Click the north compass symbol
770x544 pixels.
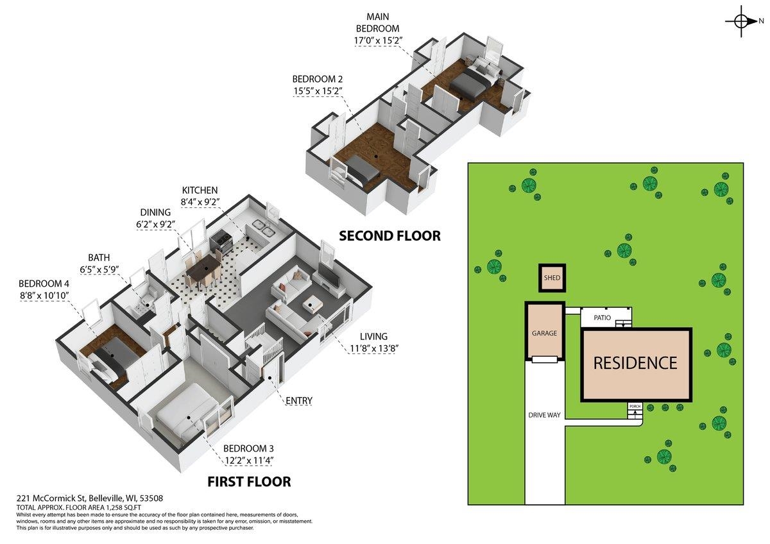coord(742,21)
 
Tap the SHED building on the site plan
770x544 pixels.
coord(552,278)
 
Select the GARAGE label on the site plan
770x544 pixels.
coord(544,333)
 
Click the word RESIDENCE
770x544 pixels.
coord(635,363)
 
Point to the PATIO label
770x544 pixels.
coord(603,318)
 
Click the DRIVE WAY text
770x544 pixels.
coord(545,415)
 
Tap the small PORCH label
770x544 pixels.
coord(635,406)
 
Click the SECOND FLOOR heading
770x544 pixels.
coord(390,236)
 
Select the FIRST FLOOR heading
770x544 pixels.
coord(249,482)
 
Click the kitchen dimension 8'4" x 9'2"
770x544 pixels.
coord(200,202)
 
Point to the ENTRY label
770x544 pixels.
coord(299,401)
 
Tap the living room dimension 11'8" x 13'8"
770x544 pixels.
coord(374,349)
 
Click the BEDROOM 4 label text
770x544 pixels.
coord(44,284)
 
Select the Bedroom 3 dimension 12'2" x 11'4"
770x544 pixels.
coord(249,460)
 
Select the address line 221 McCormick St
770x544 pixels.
coord(90,498)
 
